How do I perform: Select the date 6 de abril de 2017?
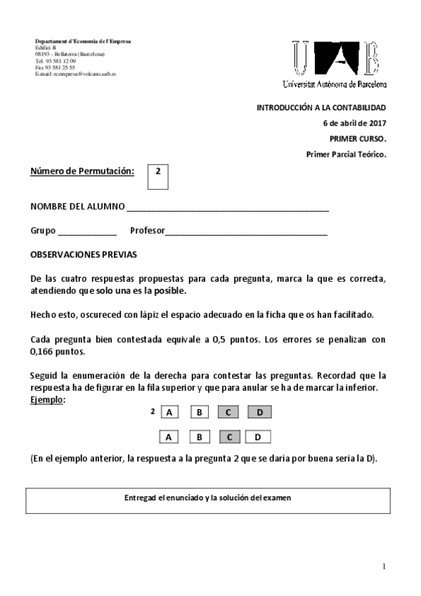pos(354,123)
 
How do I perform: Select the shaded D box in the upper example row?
pos(259,413)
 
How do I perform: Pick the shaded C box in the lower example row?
pos(229,437)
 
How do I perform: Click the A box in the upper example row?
pos(169,413)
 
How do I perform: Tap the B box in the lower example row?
pos(200,437)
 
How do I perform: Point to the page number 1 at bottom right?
pos(384,566)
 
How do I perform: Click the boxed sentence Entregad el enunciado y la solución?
pos(207,498)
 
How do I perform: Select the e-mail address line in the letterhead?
pos(76,74)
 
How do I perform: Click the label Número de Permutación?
pos(82,171)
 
